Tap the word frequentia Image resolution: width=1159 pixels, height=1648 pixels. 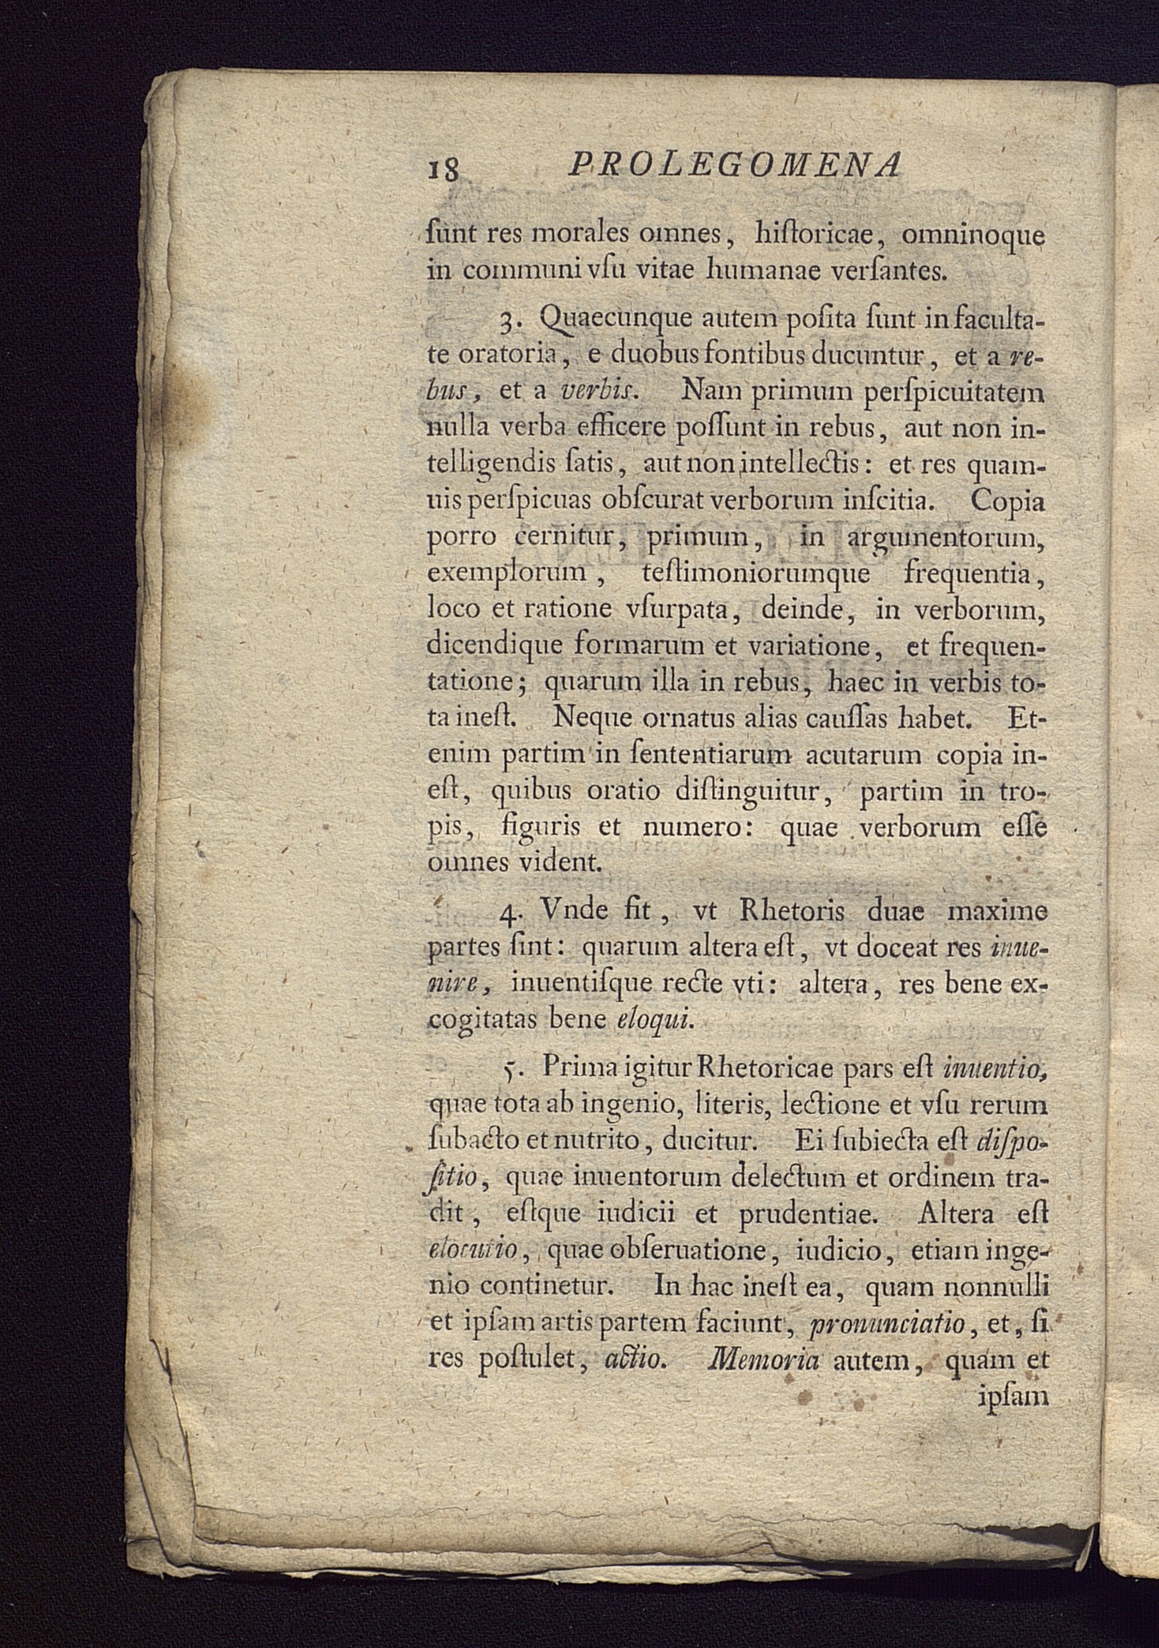(x=966, y=574)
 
